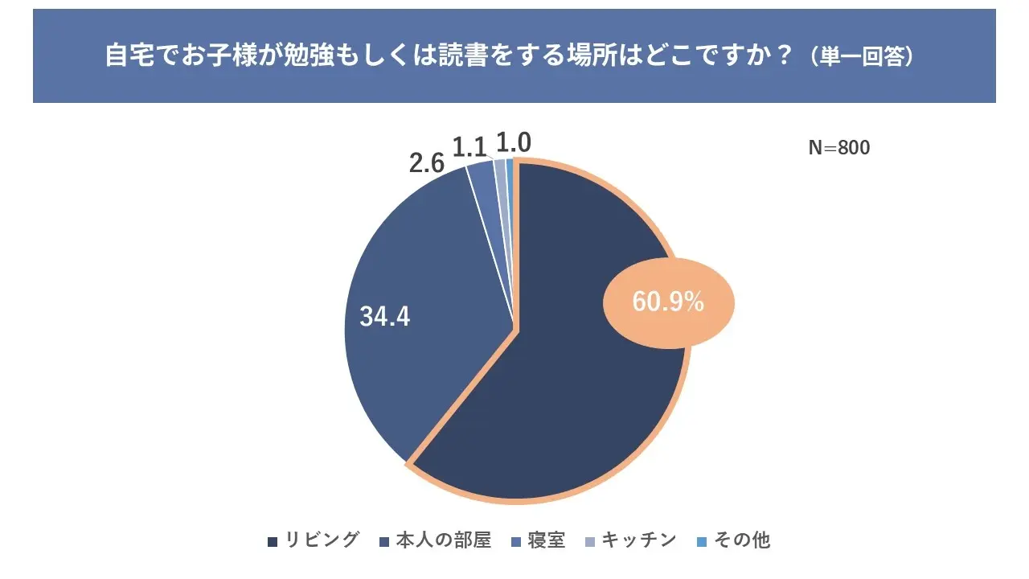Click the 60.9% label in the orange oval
tap(668, 302)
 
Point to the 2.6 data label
tap(427, 163)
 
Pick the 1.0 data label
tap(513, 143)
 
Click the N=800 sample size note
tap(838, 148)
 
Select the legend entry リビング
tap(322, 540)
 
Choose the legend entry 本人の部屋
tap(441, 540)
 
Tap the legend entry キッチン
tap(639, 540)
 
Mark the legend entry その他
tap(742, 540)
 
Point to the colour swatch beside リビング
tap(273, 540)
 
